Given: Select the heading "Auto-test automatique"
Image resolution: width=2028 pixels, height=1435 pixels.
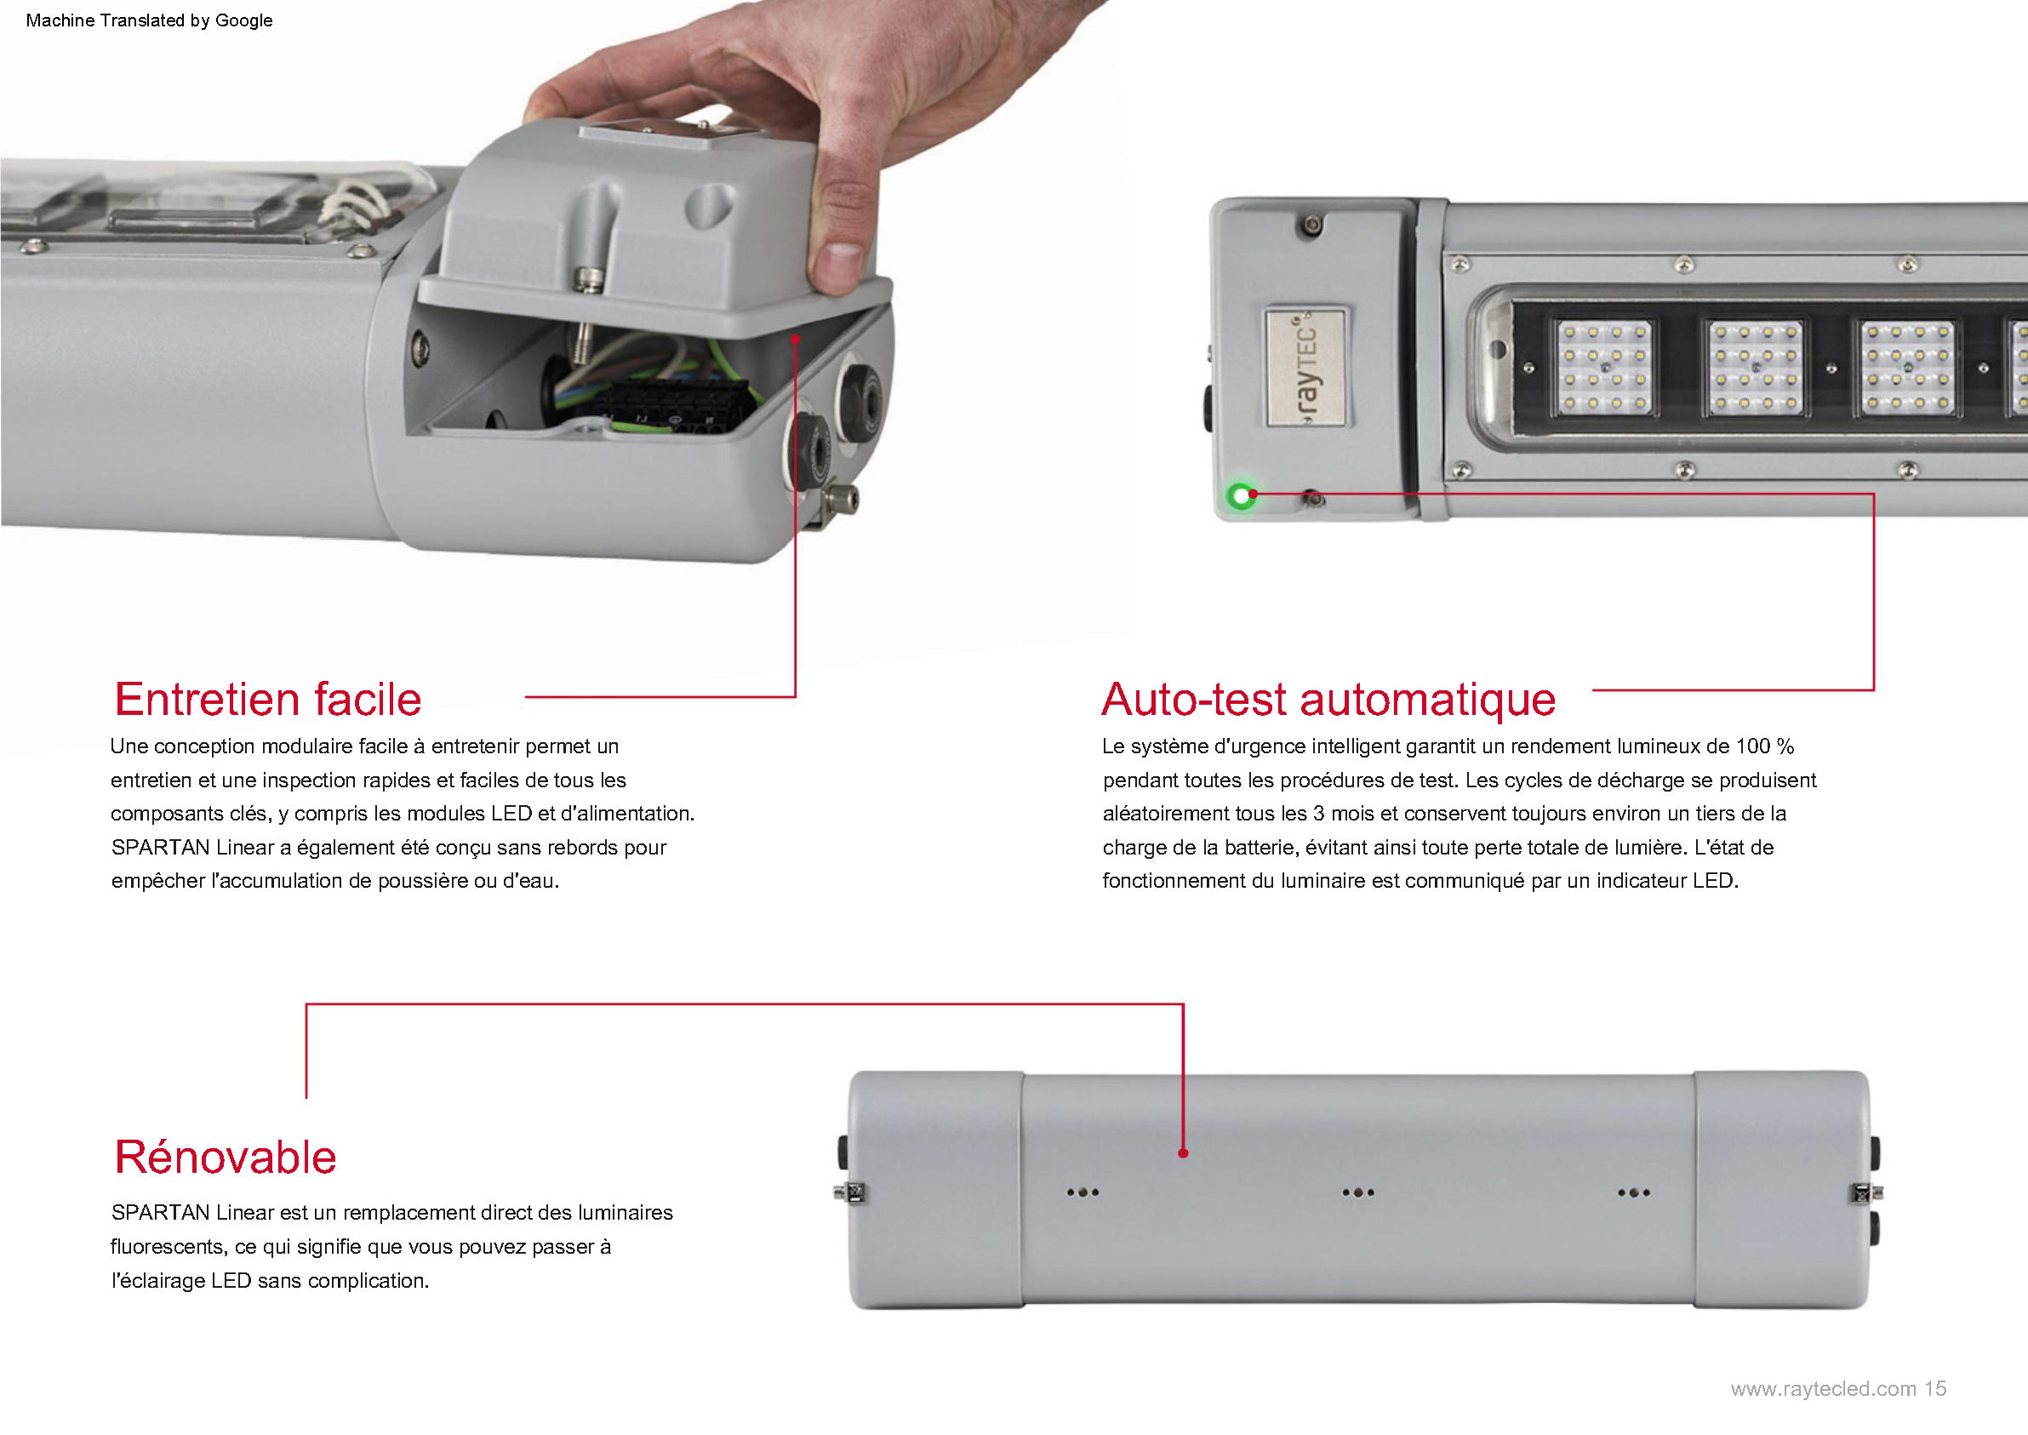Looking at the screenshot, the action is tap(1328, 699).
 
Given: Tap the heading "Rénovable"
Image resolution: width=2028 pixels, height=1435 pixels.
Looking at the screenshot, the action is tap(226, 1157).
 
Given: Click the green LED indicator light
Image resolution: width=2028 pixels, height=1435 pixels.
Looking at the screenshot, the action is tap(1242, 495).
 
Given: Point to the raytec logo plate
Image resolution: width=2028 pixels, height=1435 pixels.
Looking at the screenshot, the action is tap(1305, 367).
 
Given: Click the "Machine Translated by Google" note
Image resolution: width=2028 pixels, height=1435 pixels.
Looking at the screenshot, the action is tap(149, 20).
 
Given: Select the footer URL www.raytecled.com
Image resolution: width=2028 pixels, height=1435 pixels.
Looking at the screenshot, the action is tap(1823, 1388).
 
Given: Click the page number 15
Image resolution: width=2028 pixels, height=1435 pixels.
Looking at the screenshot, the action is tap(1935, 1388).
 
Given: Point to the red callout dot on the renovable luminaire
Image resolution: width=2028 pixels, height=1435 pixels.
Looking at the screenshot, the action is tap(1183, 1152).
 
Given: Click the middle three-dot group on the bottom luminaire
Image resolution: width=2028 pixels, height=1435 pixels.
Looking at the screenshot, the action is tap(1358, 1192).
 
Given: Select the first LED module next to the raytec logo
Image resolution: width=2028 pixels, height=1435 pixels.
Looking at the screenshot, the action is tap(1603, 367).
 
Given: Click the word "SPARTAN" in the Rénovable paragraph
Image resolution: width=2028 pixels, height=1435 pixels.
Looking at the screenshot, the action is tap(160, 1212).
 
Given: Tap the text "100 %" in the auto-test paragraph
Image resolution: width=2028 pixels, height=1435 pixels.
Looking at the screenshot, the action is tap(1765, 746).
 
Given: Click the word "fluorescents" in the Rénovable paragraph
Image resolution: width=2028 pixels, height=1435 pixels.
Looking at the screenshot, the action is tap(167, 1247).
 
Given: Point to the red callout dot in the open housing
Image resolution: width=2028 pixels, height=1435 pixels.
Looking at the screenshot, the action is tap(795, 339).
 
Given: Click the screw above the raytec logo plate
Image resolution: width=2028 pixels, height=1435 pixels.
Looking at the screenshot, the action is tap(1312, 226).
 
